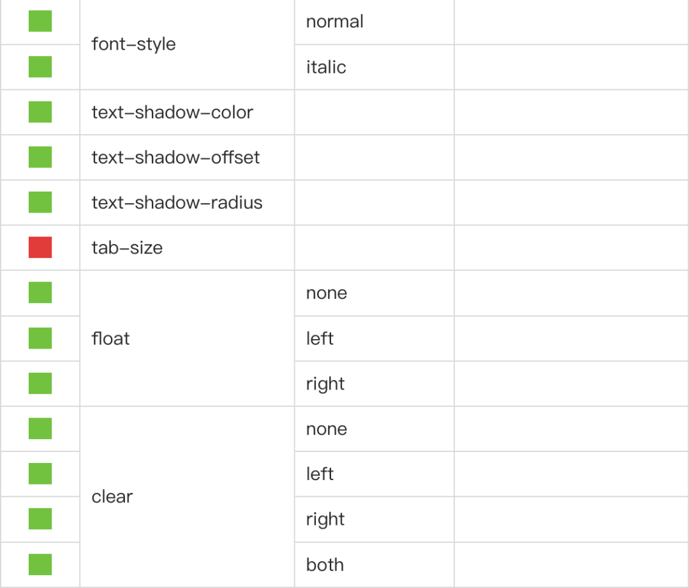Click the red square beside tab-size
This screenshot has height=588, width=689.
(x=40, y=247)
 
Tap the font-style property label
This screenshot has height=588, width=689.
(x=133, y=44)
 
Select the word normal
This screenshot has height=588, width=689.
(x=335, y=22)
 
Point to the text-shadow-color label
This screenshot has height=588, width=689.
(x=172, y=112)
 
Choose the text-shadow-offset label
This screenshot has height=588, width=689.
(x=176, y=157)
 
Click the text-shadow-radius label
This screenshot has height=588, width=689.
(x=177, y=202)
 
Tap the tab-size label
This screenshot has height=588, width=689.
(x=127, y=248)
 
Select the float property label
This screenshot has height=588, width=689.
(x=110, y=338)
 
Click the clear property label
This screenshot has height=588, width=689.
(x=112, y=497)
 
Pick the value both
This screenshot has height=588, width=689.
(x=325, y=564)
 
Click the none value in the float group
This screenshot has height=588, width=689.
(x=327, y=293)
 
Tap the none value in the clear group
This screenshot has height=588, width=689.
(x=327, y=429)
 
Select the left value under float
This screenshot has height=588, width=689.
(x=320, y=338)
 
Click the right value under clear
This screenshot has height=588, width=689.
(x=325, y=520)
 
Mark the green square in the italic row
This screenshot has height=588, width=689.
(x=40, y=66)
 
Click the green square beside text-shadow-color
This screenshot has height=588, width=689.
(x=40, y=112)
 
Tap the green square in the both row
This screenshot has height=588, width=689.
(x=40, y=564)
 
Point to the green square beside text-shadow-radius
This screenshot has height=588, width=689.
(x=40, y=202)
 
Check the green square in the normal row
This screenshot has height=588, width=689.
(x=40, y=21)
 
